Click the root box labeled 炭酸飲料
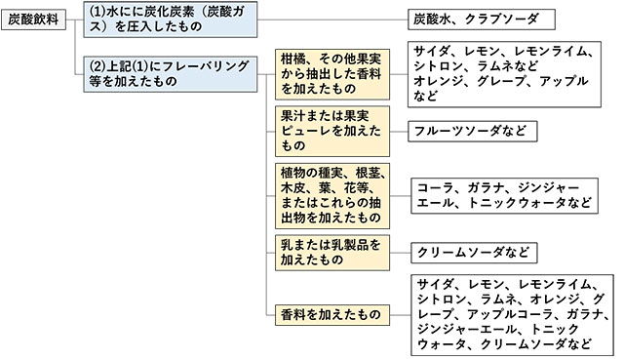coord(34,20)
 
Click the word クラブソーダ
coord(505,20)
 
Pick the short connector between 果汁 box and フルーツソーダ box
coord(398,130)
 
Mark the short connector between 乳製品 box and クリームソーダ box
coord(398,252)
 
